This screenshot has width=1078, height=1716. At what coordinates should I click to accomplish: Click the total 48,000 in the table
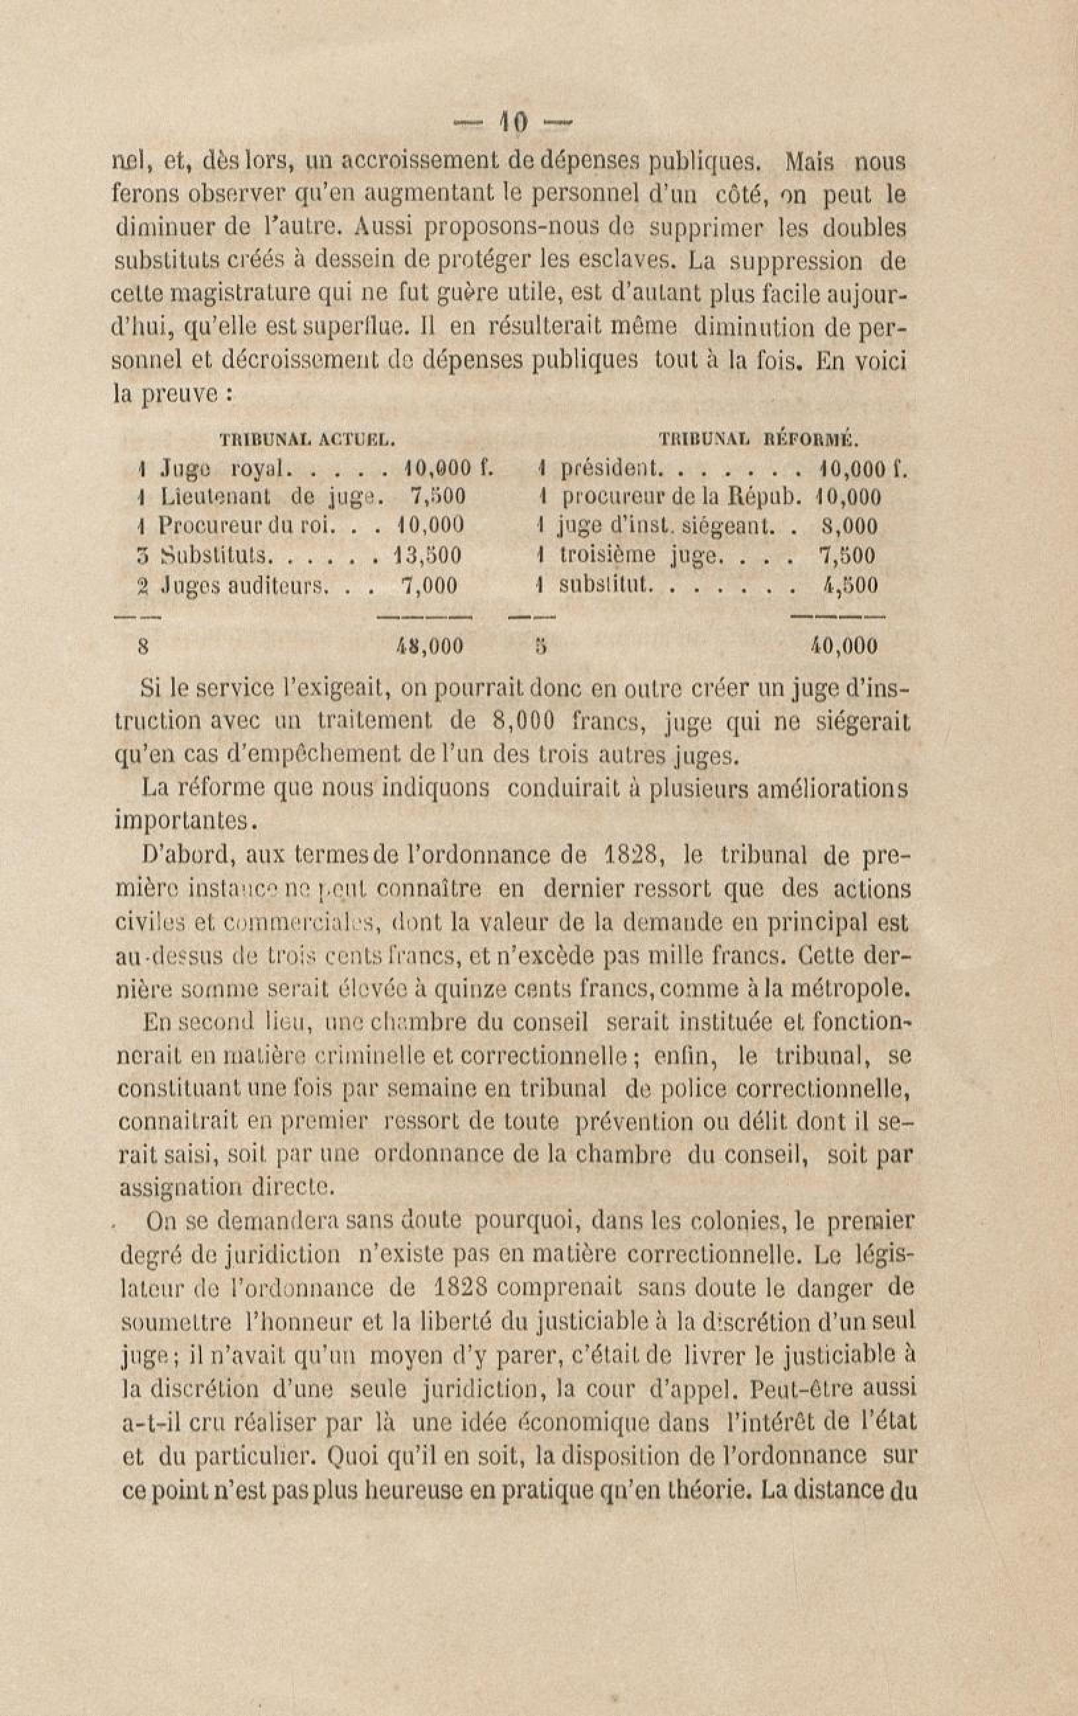tap(429, 646)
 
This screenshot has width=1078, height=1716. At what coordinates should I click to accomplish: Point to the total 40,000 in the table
tap(844, 646)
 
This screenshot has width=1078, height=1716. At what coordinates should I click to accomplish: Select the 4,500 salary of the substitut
tap(850, 585)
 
